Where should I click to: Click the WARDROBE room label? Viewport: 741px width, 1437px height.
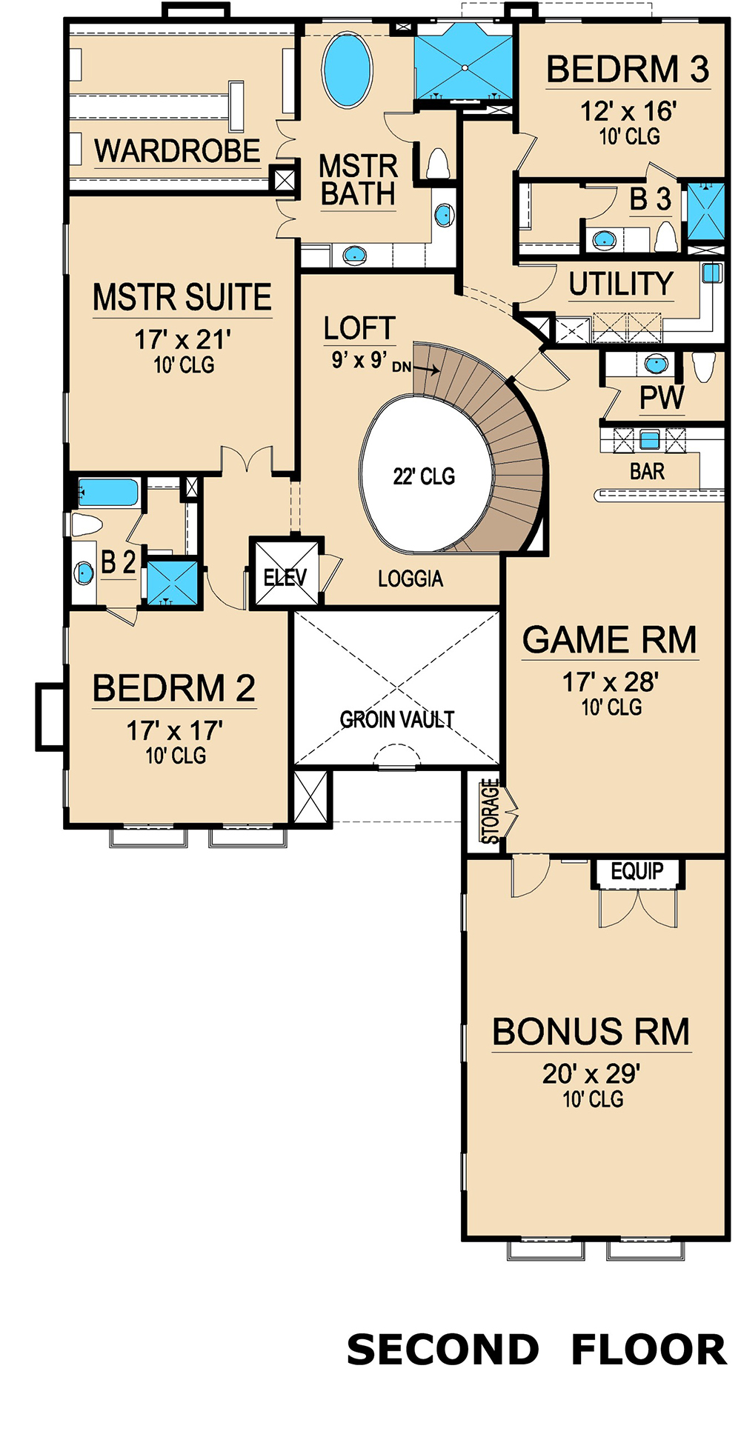(x=177, y=151)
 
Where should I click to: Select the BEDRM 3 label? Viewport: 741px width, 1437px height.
(x=628, y=70)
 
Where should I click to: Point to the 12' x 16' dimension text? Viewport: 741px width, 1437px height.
(x=628, y=112)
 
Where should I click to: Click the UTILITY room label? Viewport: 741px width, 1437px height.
(x=621, y=284)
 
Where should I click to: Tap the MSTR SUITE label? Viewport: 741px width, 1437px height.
(x=182, y=297)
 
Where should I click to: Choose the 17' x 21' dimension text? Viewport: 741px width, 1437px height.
(x=182, y=340)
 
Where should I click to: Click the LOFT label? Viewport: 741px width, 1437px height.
(x=359, y=328)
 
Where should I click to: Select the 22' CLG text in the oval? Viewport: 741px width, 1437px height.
(x=424, y=476)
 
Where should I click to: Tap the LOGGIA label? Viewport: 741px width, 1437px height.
(x=411, y=579)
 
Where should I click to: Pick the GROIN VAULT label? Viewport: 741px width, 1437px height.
(x=397, y=719)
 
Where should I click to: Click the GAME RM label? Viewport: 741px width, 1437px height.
(x=610, y=640)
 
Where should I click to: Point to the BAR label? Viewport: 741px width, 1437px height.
(x=647, y=471)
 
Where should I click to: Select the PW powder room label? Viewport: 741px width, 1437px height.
(x=662, y=398)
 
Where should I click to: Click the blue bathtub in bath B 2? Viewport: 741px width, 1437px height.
(x=108, y=493)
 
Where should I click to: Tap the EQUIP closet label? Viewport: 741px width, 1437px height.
(x=637, y=872)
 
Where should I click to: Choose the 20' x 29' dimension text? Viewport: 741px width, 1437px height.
(x=591, y=1073)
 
